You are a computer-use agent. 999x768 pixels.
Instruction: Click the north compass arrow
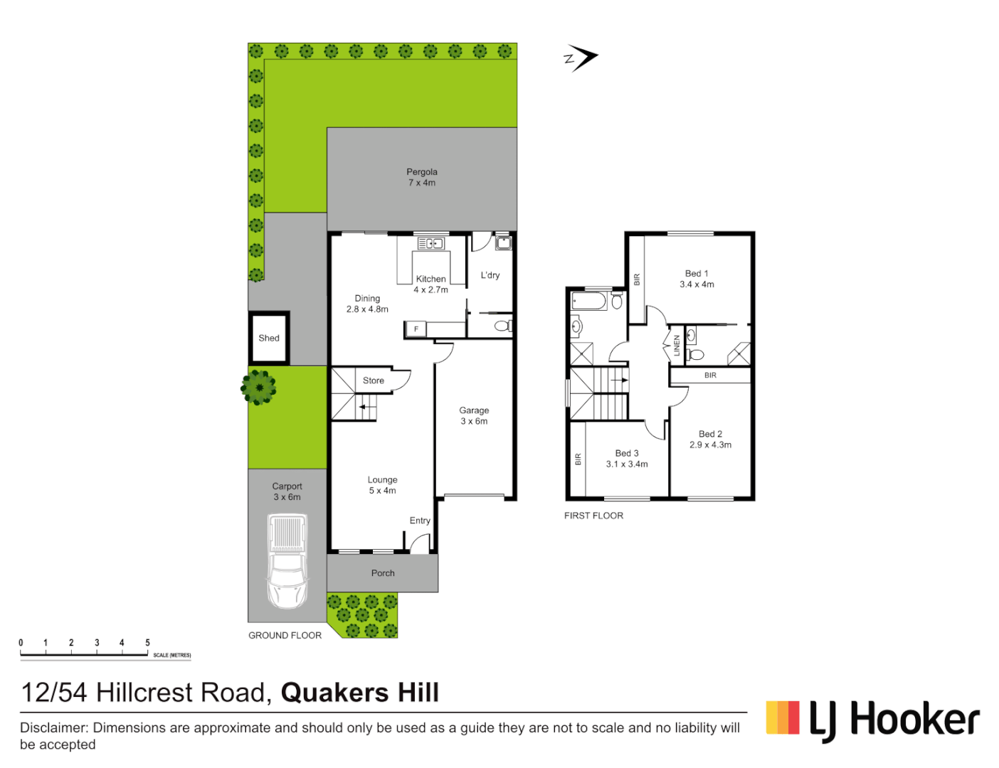pyautogui.click(x=581, y=58)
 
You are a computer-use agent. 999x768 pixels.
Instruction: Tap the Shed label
pyautogui.click(x=269, y=338)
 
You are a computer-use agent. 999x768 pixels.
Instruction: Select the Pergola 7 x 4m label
pyautogui.click(x=422, y=177)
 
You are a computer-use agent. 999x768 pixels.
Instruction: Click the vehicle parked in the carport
pyautogui.click(x=287, y=562)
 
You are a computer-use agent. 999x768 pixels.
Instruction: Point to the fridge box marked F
pyautogui.click(x=416, y=329)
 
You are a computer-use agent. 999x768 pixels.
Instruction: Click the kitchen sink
pyautogui.click(x=430, y=244)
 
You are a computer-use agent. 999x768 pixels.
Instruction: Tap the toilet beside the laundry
pyautogui.click(x=502, y=326)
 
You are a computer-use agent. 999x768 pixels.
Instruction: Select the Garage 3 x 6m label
pyautogui.click(x=474, y=416)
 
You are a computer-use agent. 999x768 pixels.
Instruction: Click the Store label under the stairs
pyautogui.click(x=374, y=381)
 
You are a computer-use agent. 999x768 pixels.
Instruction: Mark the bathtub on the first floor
pyautogui.click(x=589, y=301)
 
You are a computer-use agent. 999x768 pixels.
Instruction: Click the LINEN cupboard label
pyautogui.click(x=677, y=346)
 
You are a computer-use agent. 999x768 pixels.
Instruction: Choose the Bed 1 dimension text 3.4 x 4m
pyautogui.click(x=697, y=284)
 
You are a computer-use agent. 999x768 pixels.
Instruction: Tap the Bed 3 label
pyautogui.click(x=627, y=453)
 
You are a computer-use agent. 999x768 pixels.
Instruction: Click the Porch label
pyautogui.click(x=383, y=573)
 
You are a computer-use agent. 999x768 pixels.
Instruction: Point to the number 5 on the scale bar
pyautogui.click(x=148, y=643)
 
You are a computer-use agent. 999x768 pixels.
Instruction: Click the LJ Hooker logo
pyautogui.click(x=872, y=720)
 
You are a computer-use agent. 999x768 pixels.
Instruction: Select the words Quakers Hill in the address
pyautogui.click(x=360, y=693)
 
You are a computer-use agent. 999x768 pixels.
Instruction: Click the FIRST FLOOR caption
pyautogui.click(x=593, y=516)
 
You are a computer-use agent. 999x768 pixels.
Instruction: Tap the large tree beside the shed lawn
pyautogui.click(x=258, y=388)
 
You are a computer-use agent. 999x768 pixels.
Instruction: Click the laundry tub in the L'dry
pyautogui.click(x=503, y=243)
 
